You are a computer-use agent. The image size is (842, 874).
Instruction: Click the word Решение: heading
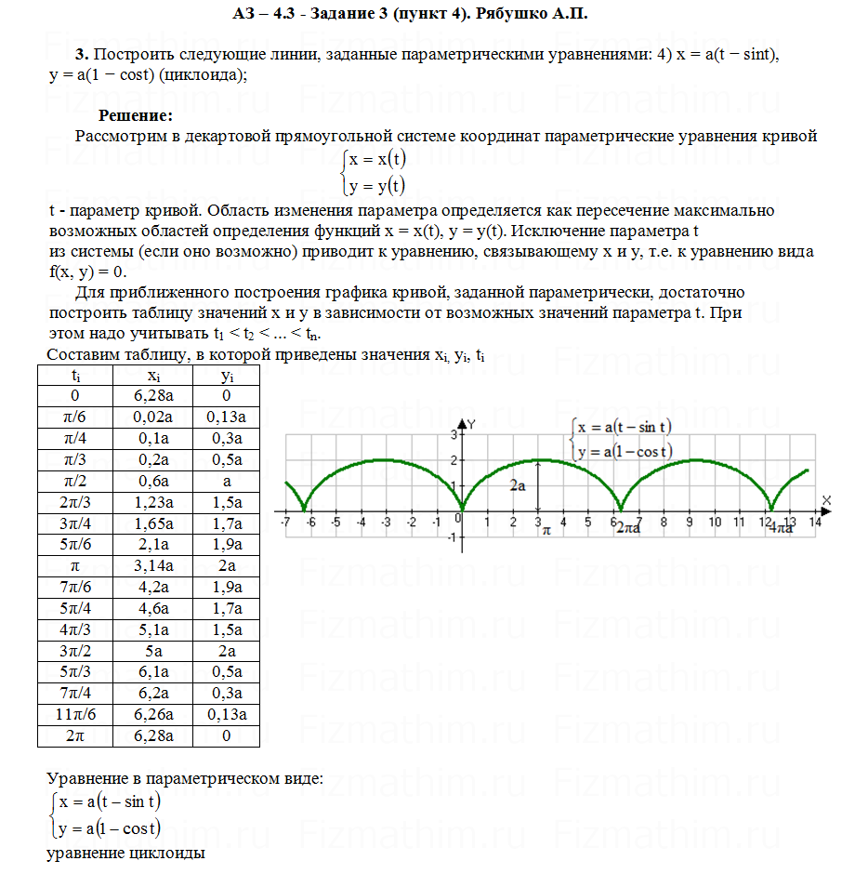(x=136, y=116)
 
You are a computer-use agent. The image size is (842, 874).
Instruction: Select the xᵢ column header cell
(x=152, y=375)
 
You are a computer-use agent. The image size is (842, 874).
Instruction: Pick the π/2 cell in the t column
(x=74, y=481)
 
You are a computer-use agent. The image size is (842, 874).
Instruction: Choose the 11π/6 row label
(x=74, y=715)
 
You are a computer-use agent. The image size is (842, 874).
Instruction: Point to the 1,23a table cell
(x=152, y=502)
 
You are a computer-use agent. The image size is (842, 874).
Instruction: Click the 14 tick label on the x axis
(x=815, y=523)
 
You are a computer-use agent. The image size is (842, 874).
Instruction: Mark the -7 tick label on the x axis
(x=286, y=523)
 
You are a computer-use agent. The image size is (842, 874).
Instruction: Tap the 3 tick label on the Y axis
(x=454, y=434)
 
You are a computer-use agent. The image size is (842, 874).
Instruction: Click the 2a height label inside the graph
(x=518, y=485)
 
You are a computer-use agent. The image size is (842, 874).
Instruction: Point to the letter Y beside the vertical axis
(x=471, y=424)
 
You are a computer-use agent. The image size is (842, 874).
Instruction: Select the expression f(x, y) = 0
(x=86, y=271)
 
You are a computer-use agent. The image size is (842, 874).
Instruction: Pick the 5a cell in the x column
(x=152, y=651)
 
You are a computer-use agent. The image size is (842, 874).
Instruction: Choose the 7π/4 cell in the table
(x=74, y=694)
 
